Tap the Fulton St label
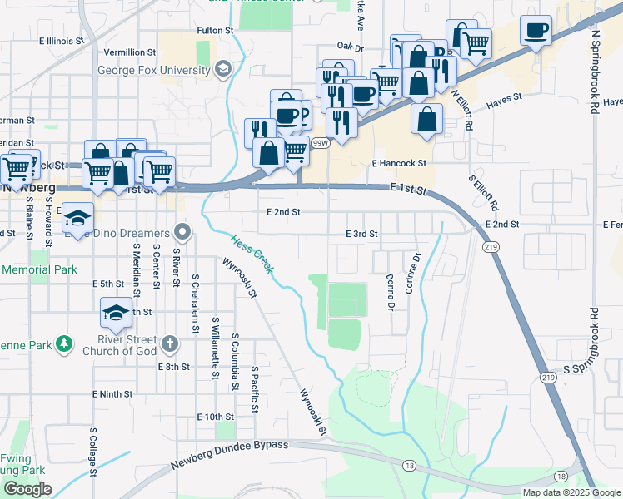215,30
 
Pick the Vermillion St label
130,52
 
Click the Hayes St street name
504,97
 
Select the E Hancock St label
399,164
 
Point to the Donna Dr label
390,291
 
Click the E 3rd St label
362,235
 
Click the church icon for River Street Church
169,343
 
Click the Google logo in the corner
27,489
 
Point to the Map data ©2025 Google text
571,492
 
